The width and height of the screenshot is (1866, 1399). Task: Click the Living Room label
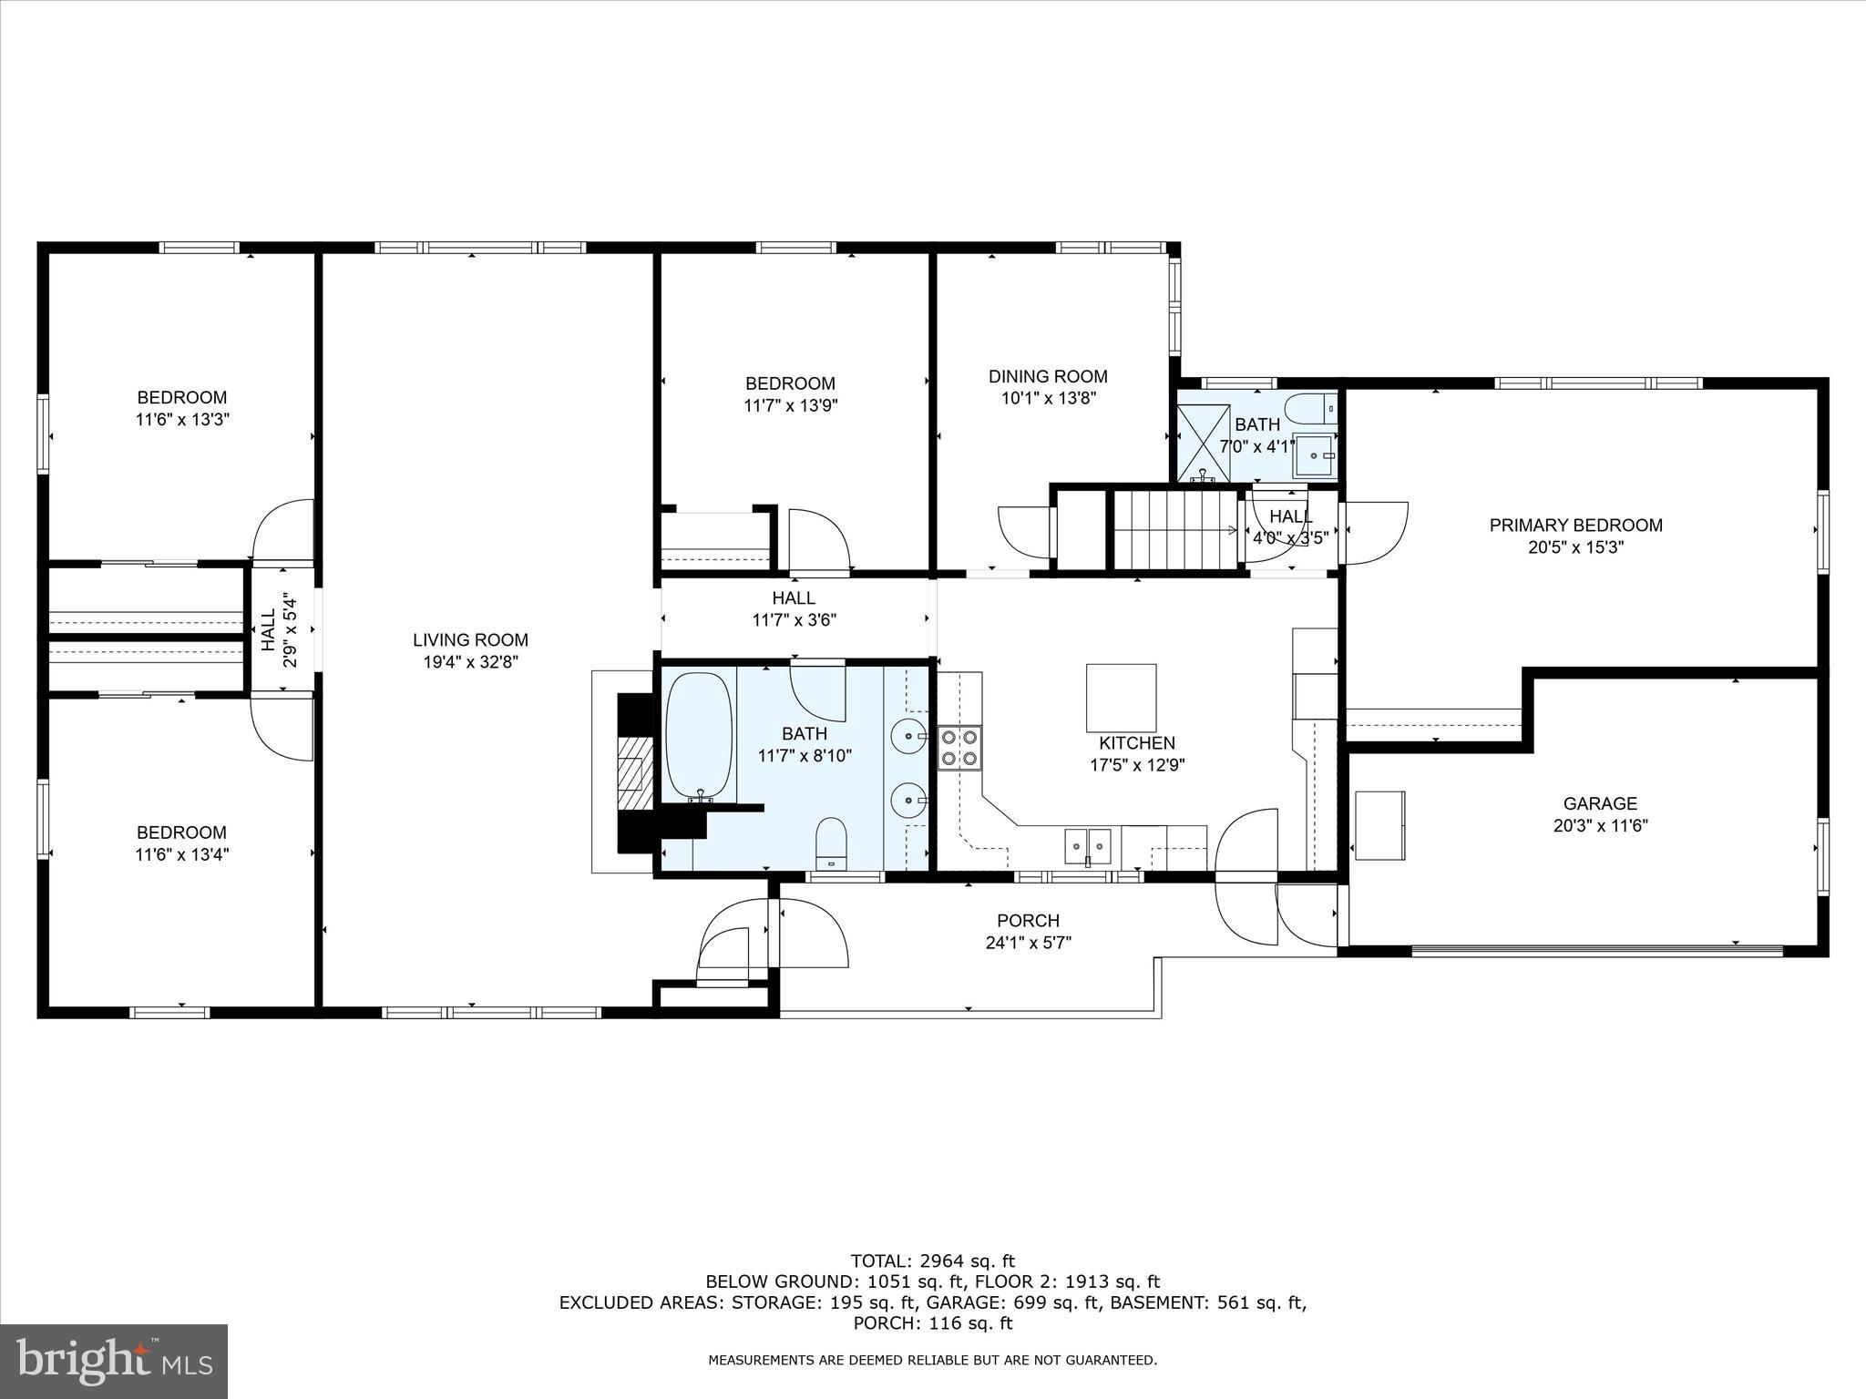coord(470,640)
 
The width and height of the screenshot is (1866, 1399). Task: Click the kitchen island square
coord(1121,698)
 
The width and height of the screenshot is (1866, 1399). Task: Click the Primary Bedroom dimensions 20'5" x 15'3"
coord(1575,547)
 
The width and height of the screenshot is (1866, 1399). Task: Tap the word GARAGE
coord(1600,803)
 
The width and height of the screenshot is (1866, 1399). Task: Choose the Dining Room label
coord(1048,376)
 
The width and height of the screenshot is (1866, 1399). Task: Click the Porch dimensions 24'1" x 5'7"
coord(1028,943)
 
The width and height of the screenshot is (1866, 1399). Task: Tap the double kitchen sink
coord(1089,846)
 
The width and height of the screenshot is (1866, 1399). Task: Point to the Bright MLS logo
coord(114,1361)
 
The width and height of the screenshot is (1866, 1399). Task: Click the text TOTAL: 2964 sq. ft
coord(932,1261)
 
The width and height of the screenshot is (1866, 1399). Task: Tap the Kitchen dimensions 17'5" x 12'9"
coord(1136,765)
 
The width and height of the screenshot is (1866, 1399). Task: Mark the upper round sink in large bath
coord(908,734)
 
